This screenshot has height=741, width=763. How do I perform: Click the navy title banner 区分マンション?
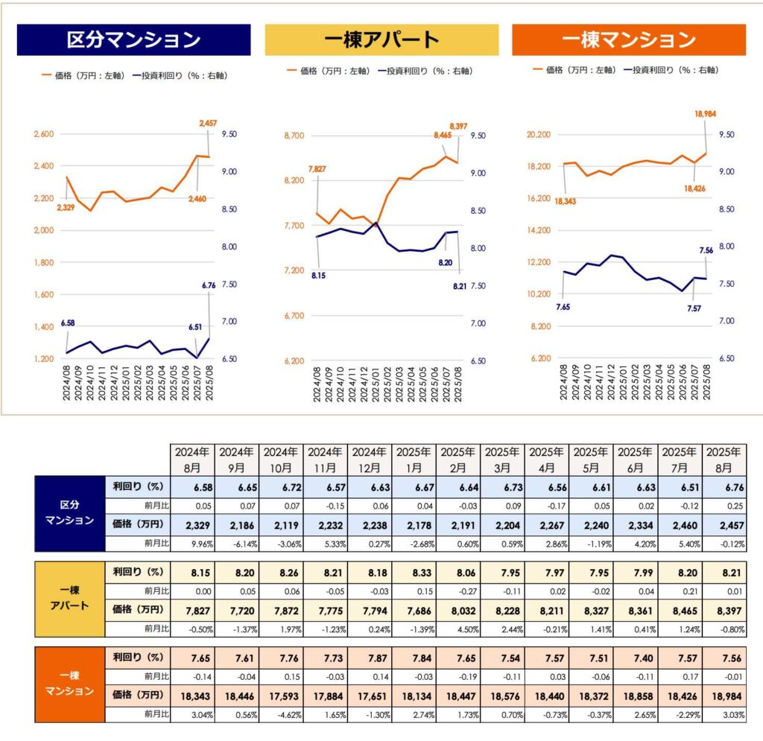point(133,39)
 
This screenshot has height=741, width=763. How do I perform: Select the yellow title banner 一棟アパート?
point(381,39)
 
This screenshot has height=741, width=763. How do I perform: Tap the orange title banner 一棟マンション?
point(629,39)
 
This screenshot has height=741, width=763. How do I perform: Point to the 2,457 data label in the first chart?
point(208,122)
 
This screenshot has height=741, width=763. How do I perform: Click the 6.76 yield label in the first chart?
point(209,284)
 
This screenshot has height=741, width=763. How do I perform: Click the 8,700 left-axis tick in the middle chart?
point(294,136)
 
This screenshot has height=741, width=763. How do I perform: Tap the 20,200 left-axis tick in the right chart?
point(539,135)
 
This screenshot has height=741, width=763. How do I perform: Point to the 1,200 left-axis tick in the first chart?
point(45,359)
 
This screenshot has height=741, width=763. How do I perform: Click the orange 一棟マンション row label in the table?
point(70,683)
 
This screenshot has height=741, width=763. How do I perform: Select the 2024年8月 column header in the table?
point(193,459)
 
